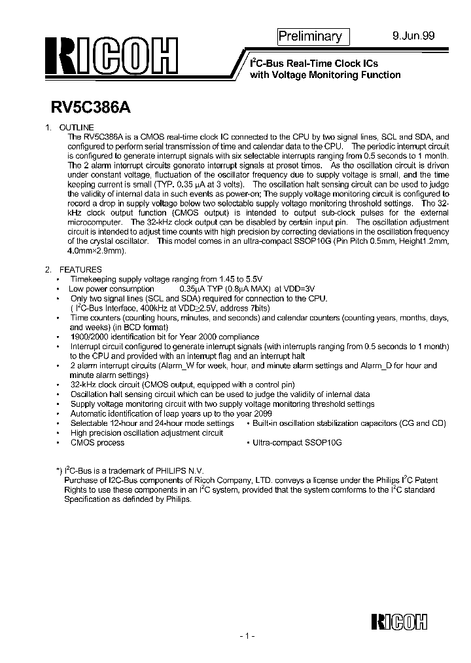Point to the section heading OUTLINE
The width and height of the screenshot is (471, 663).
coord(76,127)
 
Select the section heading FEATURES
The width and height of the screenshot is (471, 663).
coord(80,269)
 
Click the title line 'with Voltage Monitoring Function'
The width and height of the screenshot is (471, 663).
coord(325,75)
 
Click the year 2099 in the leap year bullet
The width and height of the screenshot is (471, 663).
coord(260,414)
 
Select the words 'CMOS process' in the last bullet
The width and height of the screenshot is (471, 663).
coord(97,443)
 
